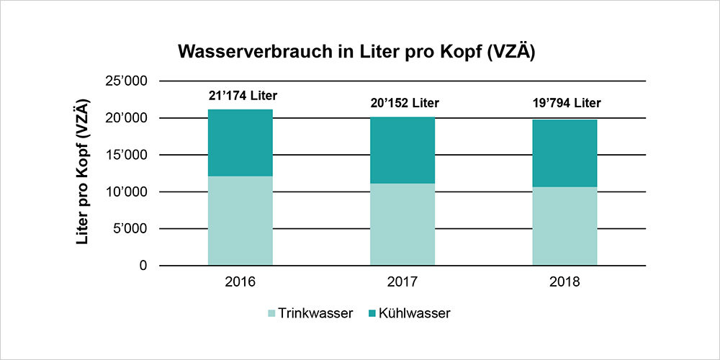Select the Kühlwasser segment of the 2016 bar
[240, 143]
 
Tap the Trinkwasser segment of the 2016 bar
[240, 221]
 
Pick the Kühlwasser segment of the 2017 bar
[402, 150]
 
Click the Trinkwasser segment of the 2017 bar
[402, 225]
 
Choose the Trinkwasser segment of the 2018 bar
[564, 226]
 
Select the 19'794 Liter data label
[565, 103]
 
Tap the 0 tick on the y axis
[143, 266]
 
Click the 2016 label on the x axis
[240, 282]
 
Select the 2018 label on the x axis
[564, 282]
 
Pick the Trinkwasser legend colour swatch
[272, 313]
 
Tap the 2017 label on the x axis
[402, 282]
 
